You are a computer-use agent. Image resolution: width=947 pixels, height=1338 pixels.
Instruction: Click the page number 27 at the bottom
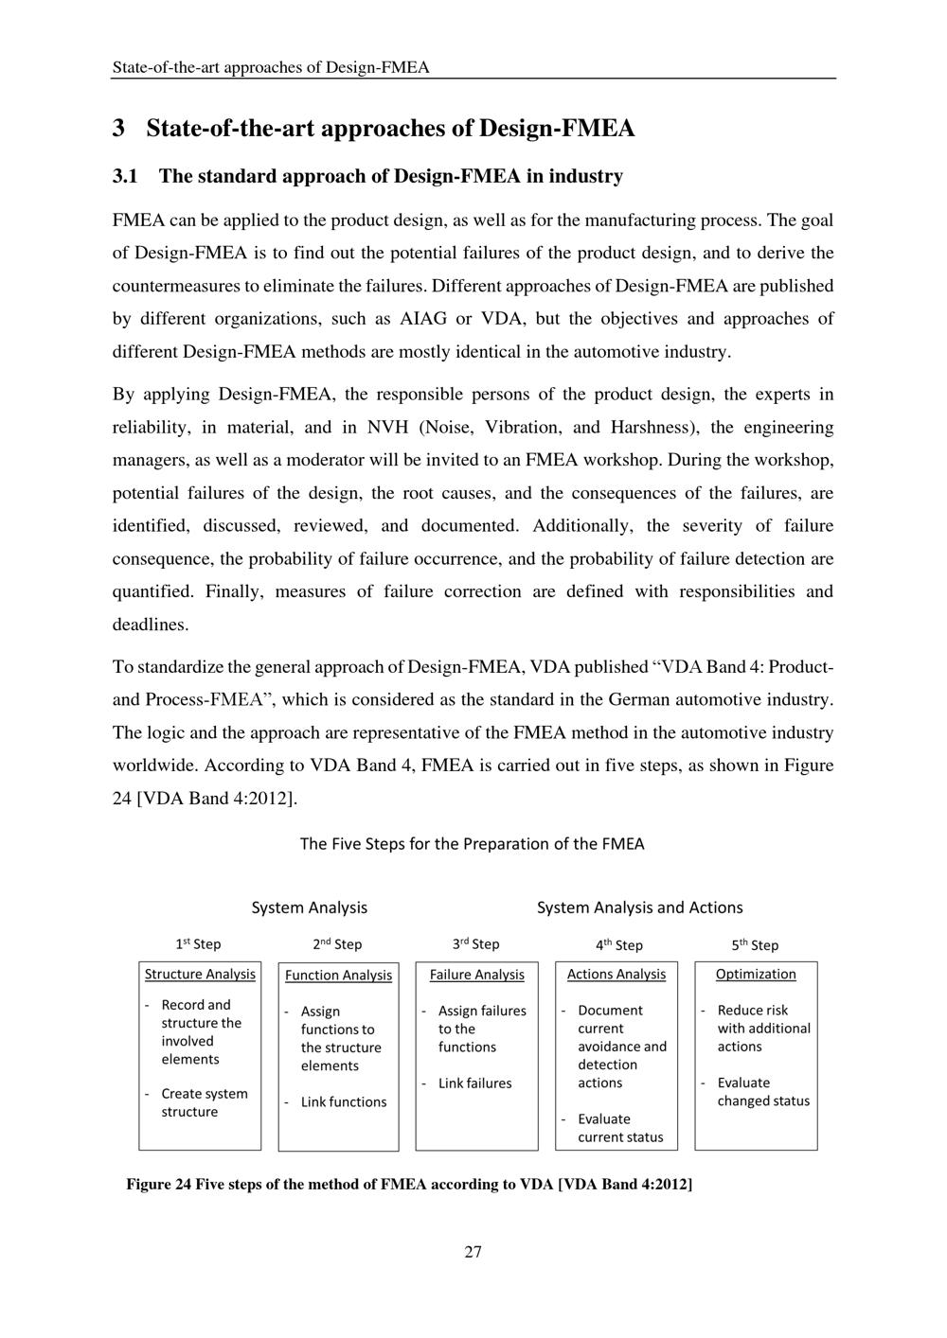tap(473, 1252)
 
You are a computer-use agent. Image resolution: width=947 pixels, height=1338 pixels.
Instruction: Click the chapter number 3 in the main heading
tap(118, 128)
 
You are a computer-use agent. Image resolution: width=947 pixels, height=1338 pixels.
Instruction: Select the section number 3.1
tap(125, 176)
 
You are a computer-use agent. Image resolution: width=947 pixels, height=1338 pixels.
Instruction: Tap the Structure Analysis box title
tap(200, 974)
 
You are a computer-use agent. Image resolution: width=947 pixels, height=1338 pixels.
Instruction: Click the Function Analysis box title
tap(338, 975)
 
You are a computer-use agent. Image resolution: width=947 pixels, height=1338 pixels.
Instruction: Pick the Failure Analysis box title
tap(476, 974)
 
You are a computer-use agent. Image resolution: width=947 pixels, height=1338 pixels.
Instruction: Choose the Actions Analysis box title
tap(616, 974)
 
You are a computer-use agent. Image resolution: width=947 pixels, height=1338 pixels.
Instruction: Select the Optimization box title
tap(756, 974)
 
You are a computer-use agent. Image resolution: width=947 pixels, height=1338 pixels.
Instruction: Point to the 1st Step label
tap(198, 943)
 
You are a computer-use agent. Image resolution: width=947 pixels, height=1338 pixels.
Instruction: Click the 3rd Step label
tap(475, 943)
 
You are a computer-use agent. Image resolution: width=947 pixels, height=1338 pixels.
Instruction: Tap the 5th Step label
tap(755, 944)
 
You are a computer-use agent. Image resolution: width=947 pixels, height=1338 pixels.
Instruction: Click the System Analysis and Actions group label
tap(639, 907)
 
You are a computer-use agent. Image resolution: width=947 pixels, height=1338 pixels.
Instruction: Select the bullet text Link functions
tap(344, 1101)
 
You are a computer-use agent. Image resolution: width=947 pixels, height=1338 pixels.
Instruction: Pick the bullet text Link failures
tap(474, 1083)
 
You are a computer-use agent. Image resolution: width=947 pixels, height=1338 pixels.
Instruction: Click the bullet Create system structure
tap(204, 1102)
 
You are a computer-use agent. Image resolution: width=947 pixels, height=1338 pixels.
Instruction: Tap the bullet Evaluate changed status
tap(763, 1091)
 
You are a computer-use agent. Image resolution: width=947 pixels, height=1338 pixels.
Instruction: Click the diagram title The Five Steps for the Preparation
tap(472, 843)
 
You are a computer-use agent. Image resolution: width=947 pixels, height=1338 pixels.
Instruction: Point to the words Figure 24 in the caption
tap(159, 1184)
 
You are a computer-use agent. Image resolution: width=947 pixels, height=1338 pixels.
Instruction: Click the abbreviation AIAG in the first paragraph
tap(423, 319)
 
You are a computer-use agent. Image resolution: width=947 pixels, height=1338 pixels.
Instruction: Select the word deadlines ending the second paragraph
tap(151, 625)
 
